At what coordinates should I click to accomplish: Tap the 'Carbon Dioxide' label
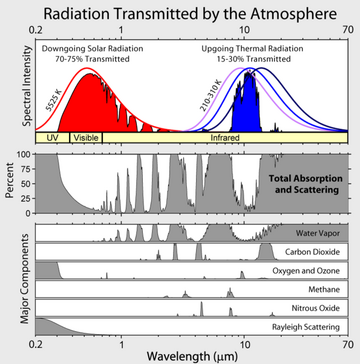(318, 252)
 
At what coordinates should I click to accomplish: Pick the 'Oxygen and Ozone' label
(314, 272)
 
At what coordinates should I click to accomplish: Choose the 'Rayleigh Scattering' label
(313, 329)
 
